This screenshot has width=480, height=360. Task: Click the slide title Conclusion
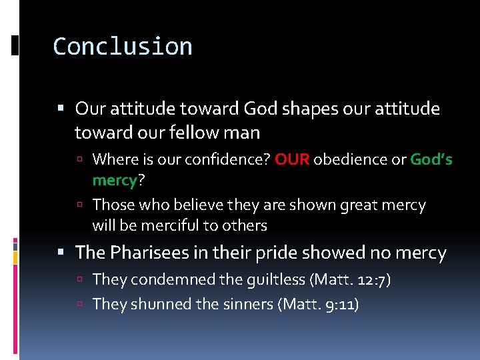click(x=123, y=47)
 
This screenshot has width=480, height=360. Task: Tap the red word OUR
click(x=292, y=159)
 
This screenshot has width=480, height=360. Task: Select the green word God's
click(x=431, y=159)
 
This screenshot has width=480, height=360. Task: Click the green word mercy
click(x=115, y=180)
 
